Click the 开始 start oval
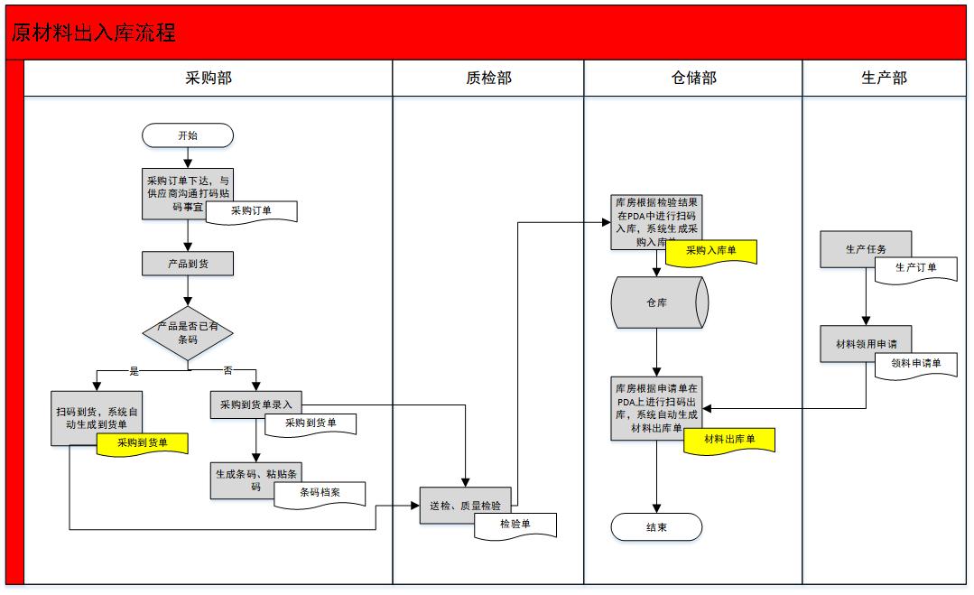(188, 135)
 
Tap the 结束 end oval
(656, 527)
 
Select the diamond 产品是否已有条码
(188, 332)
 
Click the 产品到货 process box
(188, 263)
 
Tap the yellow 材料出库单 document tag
(728, 440)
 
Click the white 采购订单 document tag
(252, 211)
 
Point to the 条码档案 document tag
(320, 494)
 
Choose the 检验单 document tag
(515, 524)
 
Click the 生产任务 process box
(865, 249)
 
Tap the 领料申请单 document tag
(915, 364)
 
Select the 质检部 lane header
(488, 79)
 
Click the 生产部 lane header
(884, 79)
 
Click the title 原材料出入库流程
(94, 33)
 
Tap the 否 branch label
(227, 371)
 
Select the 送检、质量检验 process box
(465, 506)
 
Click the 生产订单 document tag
(915, 268)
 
